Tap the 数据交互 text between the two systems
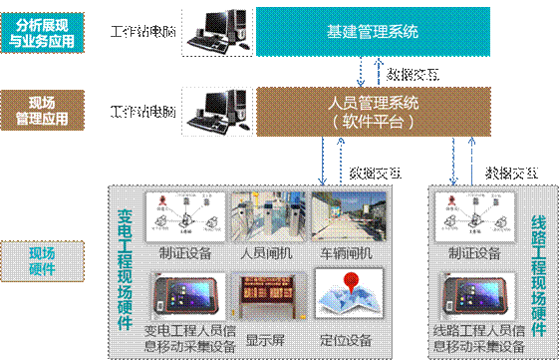pyautogui.click(x=413, y=73)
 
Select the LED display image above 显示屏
pyautogui.click(x=264, y=296)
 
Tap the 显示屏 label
pyautogui.click(x=264, y=336)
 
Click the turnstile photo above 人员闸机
pyautogui.click(x=264, y=216)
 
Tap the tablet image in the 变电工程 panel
pyautogui.click(x=179, y=296)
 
